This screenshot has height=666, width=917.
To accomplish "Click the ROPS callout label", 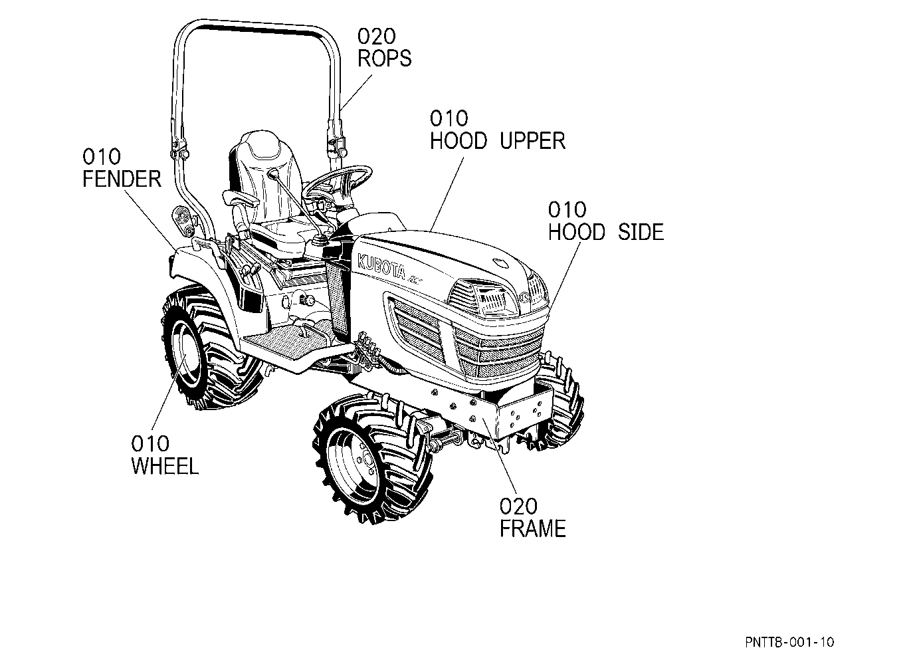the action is pyautogui.click(x=384, y=58).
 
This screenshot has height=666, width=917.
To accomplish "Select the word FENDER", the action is pyautogui.click(x=122, y=179).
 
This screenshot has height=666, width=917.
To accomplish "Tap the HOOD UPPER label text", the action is pyautogui.click(x=498, y=140).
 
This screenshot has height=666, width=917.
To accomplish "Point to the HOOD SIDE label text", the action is pyautogui.click(x=606, y=232).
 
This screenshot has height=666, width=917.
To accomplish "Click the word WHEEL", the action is pyautogui.click(x=165, y=466).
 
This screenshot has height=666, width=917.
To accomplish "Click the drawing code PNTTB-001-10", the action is pyautogui.click(x=789, y=641).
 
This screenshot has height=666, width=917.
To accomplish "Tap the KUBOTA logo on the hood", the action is pyautogui.click(x=381, y=267).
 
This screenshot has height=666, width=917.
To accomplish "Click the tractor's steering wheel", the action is pyautogui.click(x=340, y=179).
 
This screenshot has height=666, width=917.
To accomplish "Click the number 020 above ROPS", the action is pyautogui.click(x=377, y=36).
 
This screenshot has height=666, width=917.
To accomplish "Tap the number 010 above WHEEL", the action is pyautogui.click(x=150, y=443).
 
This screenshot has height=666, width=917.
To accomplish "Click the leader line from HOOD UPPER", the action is pyautogui.click(x=447, y=193).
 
